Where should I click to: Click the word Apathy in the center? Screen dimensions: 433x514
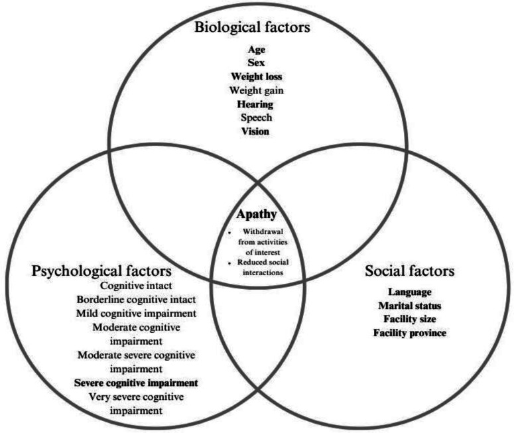pyautogui.click(x=256, y=215)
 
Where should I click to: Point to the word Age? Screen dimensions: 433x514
pyautogui.click(x=256, y=49)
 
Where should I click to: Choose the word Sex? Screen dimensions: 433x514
pyautogui.click(x=256, y=63)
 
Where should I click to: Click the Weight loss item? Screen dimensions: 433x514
pyautogui.click(x=256, y=77)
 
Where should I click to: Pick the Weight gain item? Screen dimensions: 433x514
pyautogui.click(x=256, y=90)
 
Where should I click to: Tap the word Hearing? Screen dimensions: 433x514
pyautogui.click(x=256, y=104)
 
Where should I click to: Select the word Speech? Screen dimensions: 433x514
pyautogui.click(x=256, y=118)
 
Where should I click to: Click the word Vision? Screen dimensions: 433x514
pyautogui.click(x=256, y=131)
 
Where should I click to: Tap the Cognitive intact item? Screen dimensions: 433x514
pyautogui.click(x=136, y=285)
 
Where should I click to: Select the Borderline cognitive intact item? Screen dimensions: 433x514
pyautogui.click(x=136, y=299)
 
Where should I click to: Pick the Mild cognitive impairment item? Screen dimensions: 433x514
pyautogui.click(x=136, y=313)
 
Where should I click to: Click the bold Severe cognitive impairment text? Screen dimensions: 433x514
pyautogui.click(x=136, y=383)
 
